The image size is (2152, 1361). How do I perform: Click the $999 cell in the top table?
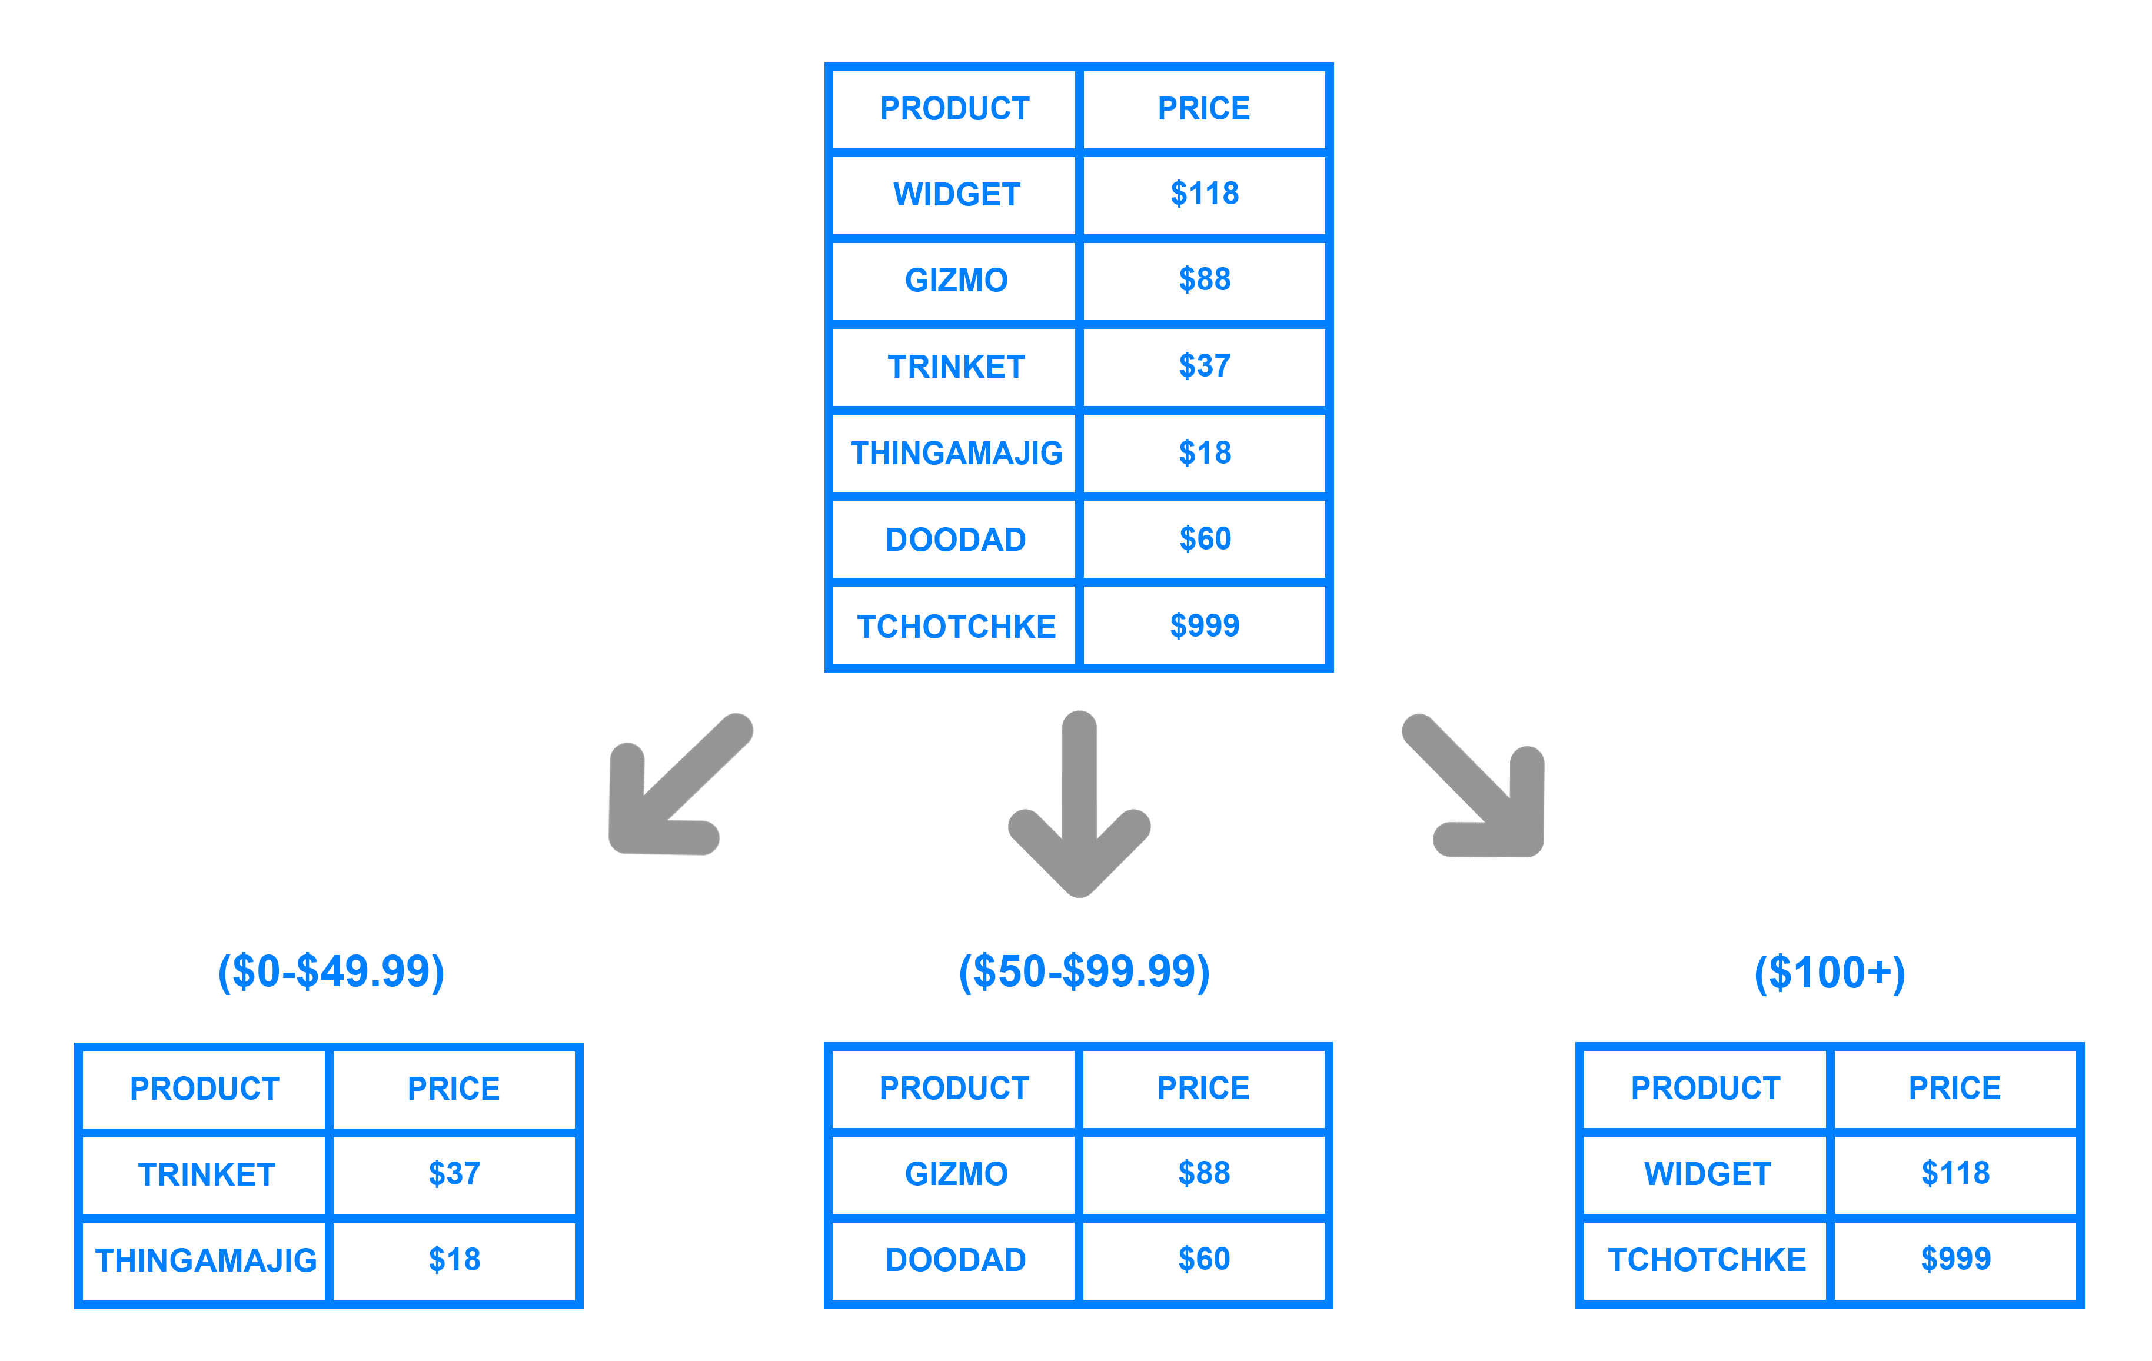coord(1204,625)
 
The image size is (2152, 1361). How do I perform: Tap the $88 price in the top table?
coord(1204,279)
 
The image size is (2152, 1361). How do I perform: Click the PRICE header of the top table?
coord(1204,108)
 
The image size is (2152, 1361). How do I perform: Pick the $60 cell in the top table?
coord(1204,539)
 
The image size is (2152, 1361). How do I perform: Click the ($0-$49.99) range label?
coord(331,971)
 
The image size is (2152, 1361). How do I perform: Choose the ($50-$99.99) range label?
coord(1083,971)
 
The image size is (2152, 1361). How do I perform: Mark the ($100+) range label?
coord(1830,972)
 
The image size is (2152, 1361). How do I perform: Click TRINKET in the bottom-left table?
coord(205,1174)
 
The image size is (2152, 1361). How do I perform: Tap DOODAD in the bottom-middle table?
coord(955,1260)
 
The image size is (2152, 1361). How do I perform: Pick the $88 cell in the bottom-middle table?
coord(1204,1173)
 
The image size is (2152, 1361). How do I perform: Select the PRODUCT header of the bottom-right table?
coord(1705,1087)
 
